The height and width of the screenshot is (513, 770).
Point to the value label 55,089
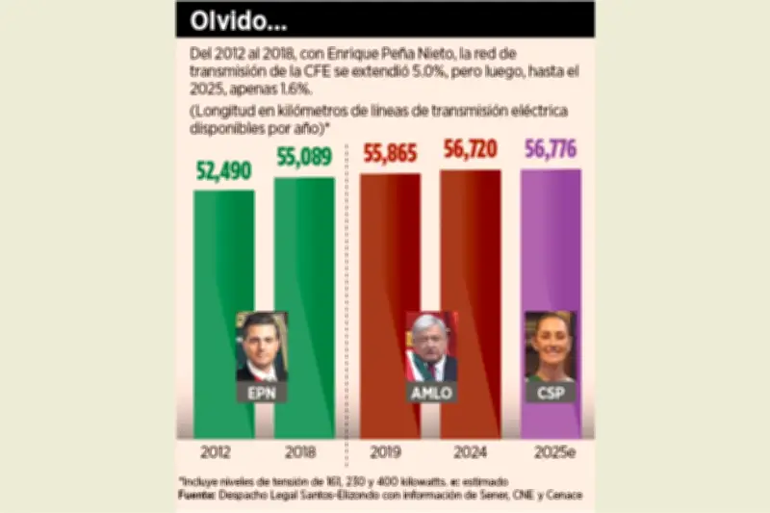305,159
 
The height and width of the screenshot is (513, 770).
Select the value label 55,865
391,153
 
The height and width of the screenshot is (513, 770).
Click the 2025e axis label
551,451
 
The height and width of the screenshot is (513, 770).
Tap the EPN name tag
263,394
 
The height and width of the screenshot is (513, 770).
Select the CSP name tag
551,393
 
